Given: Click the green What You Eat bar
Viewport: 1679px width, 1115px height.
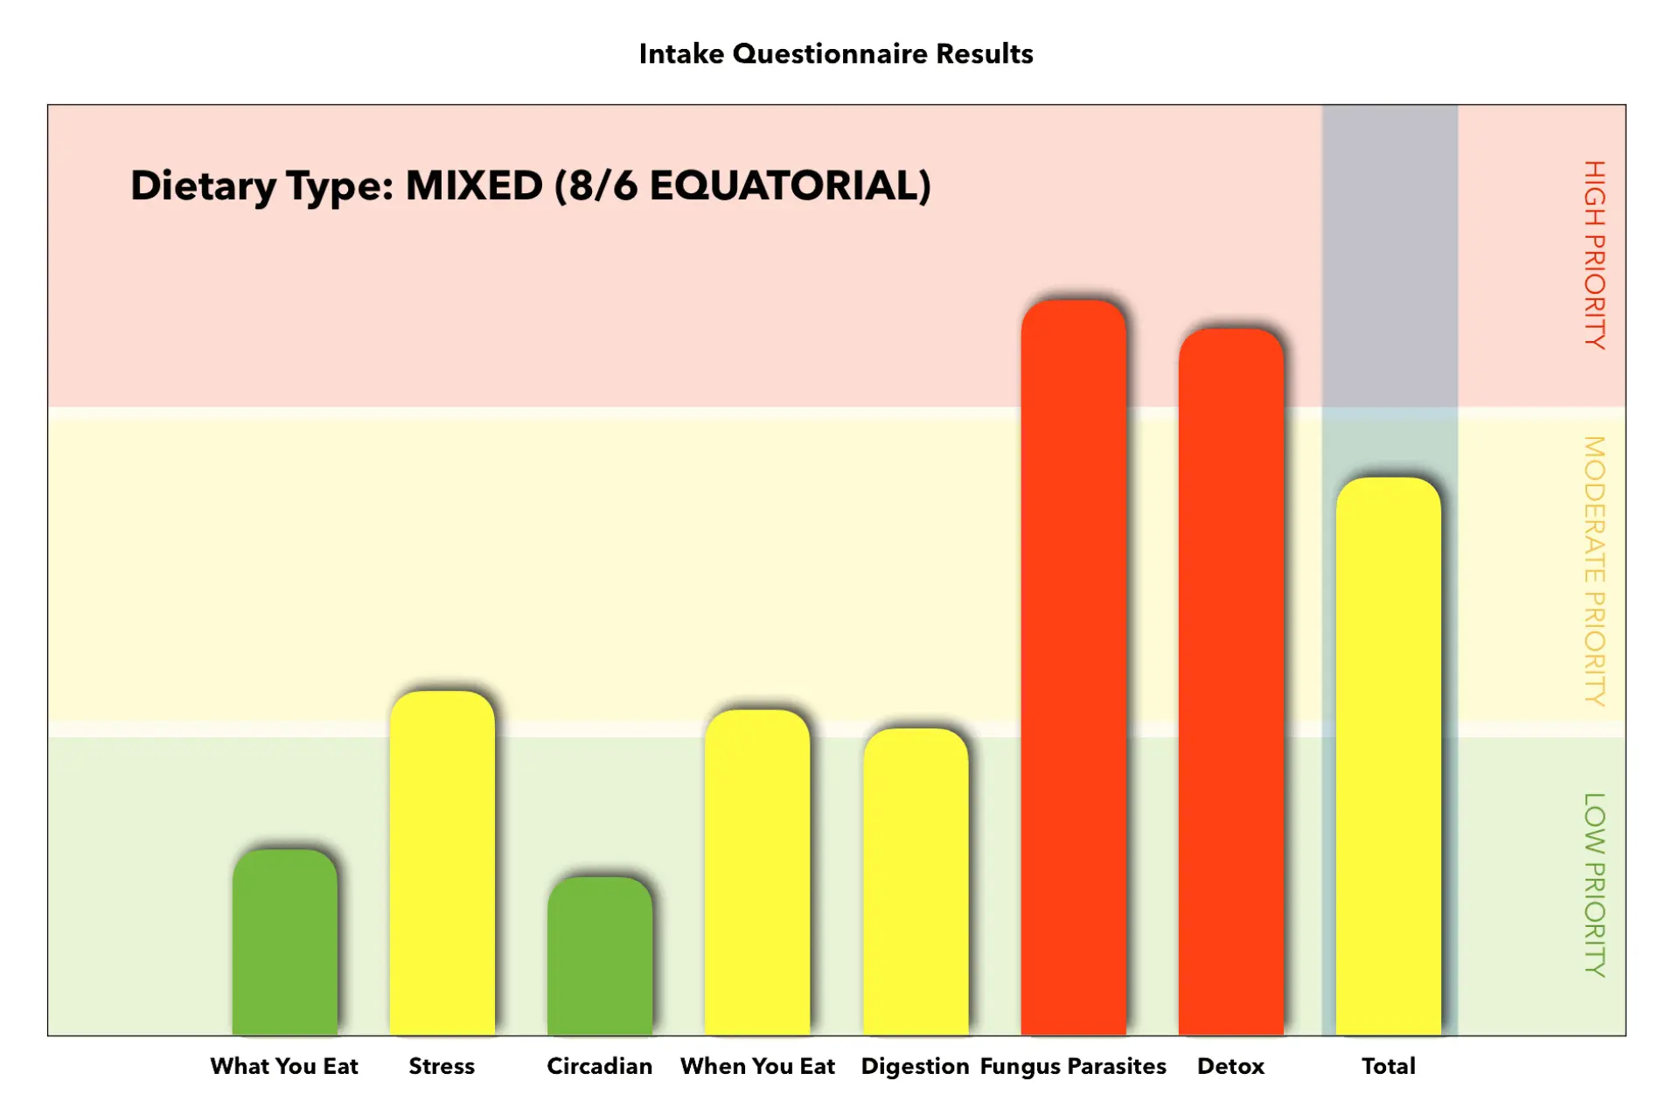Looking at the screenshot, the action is [285, 942].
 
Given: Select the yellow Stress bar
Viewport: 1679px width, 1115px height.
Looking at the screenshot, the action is [442, 863].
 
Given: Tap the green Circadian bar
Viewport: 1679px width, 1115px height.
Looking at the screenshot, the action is [600, 956].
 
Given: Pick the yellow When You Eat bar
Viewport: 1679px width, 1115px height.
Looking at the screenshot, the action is [757, 873].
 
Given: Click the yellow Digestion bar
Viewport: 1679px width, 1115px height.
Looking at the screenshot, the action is [916, 882].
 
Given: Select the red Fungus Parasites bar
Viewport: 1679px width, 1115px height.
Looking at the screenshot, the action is [1074, 668].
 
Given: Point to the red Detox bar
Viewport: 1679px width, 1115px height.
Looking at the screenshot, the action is [1231, 682].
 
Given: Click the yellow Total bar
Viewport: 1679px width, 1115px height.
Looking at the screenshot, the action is [1389, 756].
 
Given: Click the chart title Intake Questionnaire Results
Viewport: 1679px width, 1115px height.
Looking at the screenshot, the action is [836, 54].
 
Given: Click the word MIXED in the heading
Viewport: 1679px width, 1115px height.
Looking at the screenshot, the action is [474, 185].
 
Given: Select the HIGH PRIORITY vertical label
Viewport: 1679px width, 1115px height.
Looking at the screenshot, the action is [1595, 254].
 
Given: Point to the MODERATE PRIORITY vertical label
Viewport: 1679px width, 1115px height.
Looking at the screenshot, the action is [1595, 571].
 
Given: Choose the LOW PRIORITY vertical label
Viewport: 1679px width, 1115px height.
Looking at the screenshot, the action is [1595, 885].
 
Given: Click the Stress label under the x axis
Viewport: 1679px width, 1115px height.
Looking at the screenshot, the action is [442, 1066].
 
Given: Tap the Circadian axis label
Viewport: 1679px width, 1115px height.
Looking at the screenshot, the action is [600, 1066].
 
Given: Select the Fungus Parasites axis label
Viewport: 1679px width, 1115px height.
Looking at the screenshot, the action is [1073, 1067].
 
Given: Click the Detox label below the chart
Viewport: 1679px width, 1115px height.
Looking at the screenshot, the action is [1231, 1066].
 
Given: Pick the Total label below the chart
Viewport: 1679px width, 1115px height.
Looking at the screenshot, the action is [1389, 1066].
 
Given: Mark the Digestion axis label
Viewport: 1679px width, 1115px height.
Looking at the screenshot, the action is [915, 1067].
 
